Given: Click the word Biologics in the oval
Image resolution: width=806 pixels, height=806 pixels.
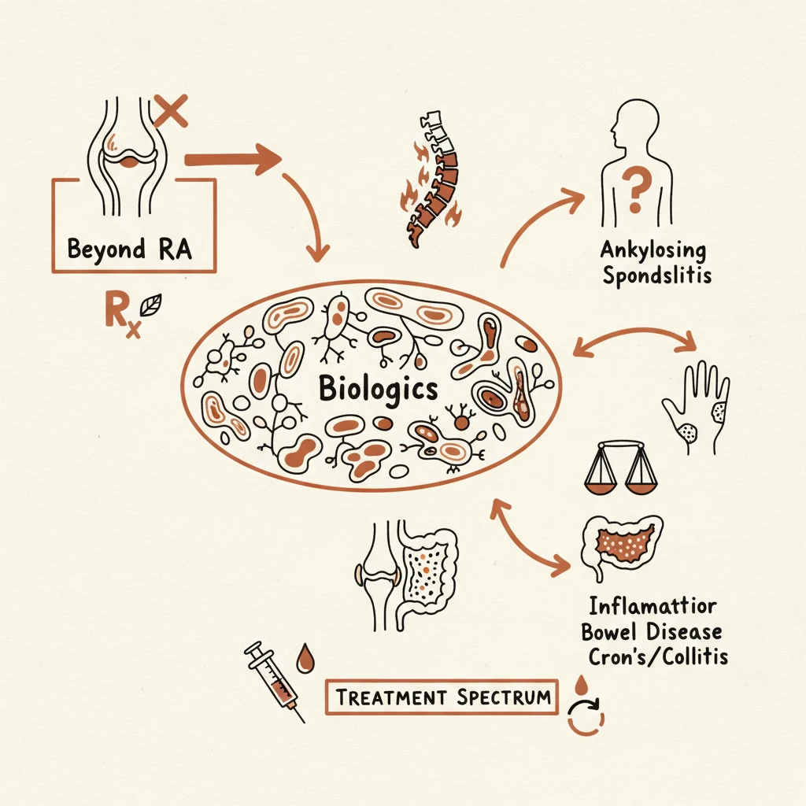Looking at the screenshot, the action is pyautogui.click(x=378, y=389).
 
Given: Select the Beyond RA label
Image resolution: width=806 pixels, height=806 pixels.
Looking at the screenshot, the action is pyautogui.click(x=130, y=249).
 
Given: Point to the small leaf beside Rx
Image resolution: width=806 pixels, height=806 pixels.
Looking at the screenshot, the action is pyautogui.click(x=151, y=305).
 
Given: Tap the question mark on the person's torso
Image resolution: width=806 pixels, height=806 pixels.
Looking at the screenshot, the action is pyautogui.click(x=636, y=191).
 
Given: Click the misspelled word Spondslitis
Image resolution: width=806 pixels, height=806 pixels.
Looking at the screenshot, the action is pyautogui.click(x=657, y=275).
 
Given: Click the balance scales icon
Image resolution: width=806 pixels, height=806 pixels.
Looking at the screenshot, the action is pyautogui.click(x=620, y=468).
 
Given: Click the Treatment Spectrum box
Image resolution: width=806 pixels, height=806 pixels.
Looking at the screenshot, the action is pyautogui.click(x=442, y=697).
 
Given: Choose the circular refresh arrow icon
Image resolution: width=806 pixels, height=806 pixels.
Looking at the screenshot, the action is pyautogui.click(x=586, y=716).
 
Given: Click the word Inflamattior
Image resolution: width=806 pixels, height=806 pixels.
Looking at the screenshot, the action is pyautogui.click(x=653, y=606).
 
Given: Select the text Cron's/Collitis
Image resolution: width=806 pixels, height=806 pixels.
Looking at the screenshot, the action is pyautogui.click(x=658, y=656).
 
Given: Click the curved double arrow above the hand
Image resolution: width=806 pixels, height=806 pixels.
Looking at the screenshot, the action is pyautogui.click(x=634, y=335).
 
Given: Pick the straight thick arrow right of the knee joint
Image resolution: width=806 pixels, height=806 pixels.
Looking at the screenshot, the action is pyautogui.click(x=233, y=159).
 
